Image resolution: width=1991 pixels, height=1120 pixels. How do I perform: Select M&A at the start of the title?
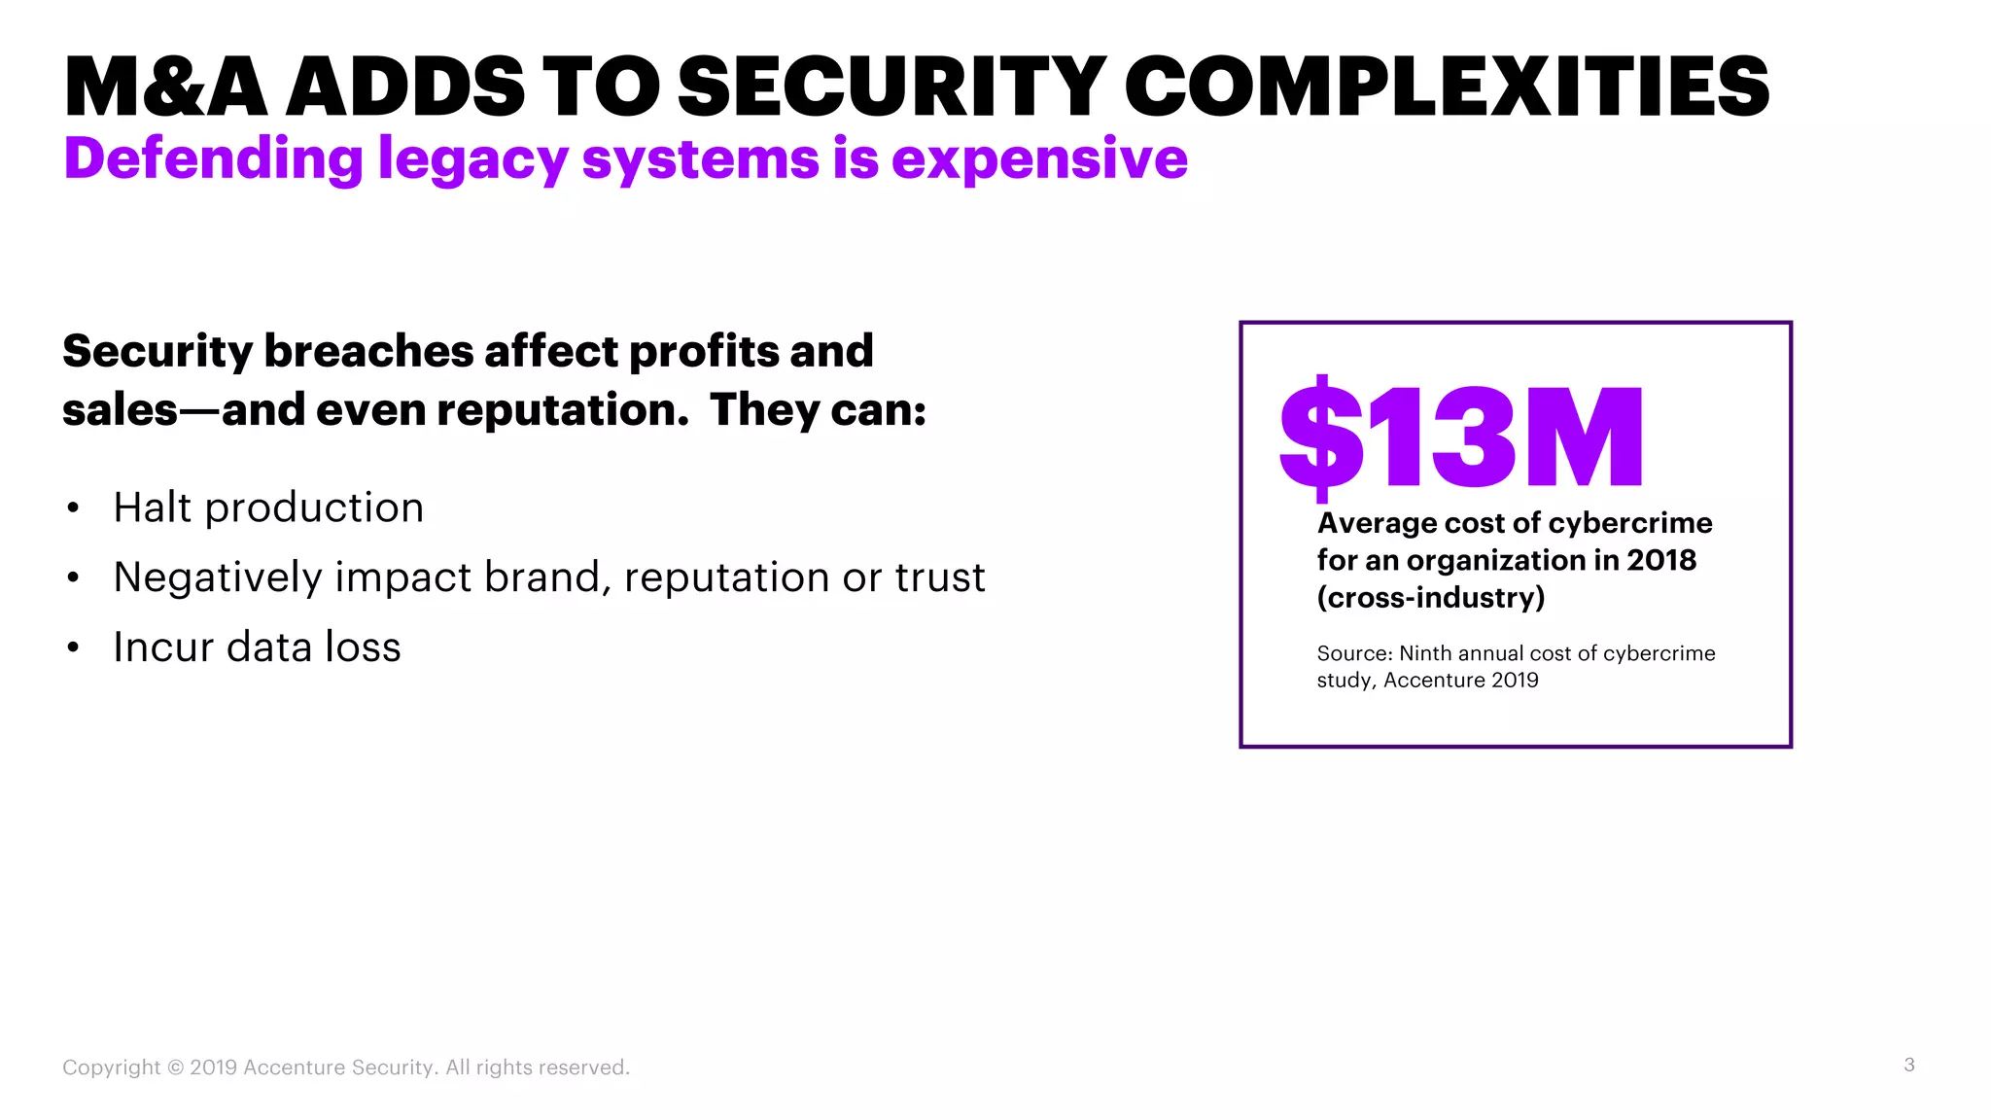pos(165,87)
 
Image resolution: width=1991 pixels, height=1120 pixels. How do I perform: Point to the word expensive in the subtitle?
pos(1039,159)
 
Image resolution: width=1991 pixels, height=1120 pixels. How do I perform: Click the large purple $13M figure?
pos(1460,437)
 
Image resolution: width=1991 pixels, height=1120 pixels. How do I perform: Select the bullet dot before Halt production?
pos(73,508)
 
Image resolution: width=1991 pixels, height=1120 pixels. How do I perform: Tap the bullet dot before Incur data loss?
pos(73,648)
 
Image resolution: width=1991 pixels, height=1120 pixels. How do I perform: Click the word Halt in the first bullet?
pos(152,507)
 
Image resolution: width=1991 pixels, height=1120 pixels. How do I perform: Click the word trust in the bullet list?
pos(940,577)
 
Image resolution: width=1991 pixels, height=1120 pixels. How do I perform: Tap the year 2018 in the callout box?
pos(1661,560)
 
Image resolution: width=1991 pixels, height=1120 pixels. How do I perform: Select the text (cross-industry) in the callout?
pos(1430,597)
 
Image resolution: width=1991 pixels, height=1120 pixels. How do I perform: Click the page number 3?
pos(1909,1065)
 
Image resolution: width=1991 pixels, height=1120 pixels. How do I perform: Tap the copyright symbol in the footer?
pos(175,1067)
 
